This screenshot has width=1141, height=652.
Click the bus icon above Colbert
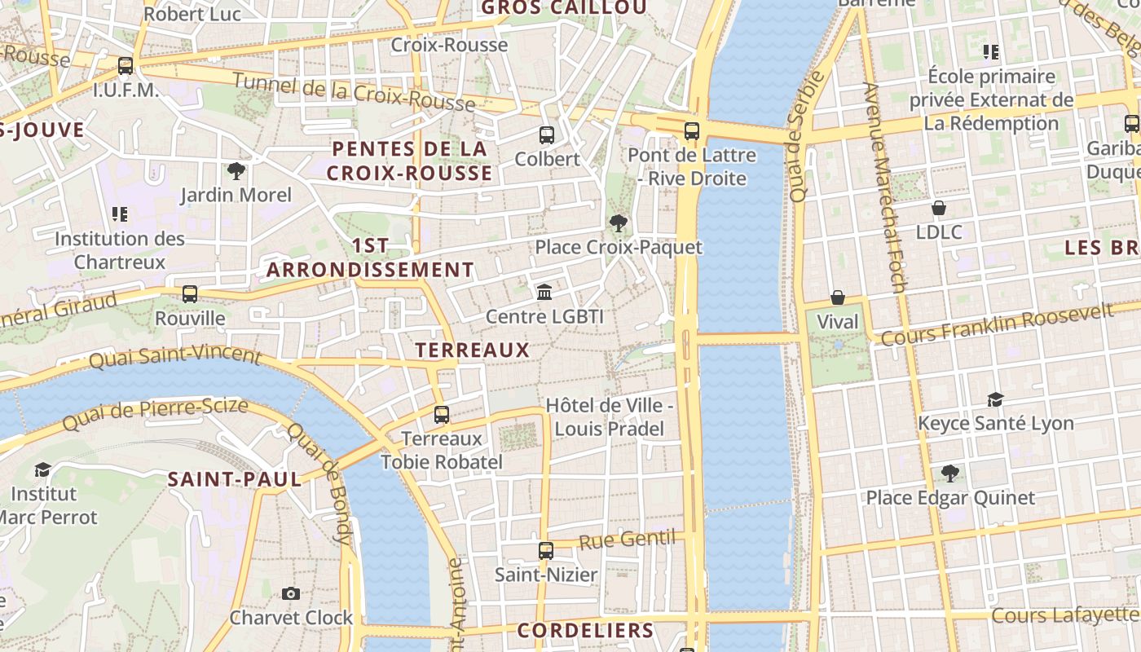coord(546,135)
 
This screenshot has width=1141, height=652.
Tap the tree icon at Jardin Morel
coord(236,171)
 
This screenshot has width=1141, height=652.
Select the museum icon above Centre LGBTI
coord(544,292)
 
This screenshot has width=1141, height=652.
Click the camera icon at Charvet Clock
coord(291,593)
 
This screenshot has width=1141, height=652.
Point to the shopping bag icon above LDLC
coord(939,208)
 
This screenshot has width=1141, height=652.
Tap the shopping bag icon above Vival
coord(838,297)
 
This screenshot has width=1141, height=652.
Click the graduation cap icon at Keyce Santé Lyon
coord(995,399)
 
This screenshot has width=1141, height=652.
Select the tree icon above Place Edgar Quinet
coord(949,474)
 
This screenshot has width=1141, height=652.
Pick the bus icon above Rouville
coord(190,293)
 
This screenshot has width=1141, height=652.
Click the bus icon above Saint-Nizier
coord(546,551)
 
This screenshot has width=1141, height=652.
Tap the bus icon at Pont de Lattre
coord(692,130)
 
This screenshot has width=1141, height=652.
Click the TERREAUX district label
coord(473,350)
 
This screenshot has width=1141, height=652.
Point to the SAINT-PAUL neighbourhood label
coord(235,479)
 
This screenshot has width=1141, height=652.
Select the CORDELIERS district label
coord(585,630)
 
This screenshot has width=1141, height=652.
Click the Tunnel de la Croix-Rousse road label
coord(354,92)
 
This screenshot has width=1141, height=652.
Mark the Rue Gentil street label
coord(628,540)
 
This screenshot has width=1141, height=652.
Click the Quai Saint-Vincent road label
coord(175,357)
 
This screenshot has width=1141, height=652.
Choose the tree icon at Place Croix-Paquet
coord(619,222)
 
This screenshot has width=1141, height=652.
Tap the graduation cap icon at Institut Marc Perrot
coord(42,469)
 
